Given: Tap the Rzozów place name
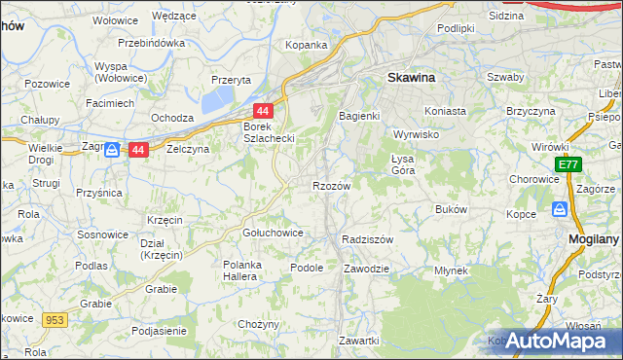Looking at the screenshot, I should click(330, 185).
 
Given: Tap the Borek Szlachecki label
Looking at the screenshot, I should click(269, 133).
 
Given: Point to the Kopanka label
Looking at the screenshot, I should click(306, 45).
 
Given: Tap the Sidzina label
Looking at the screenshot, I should click(505, 17).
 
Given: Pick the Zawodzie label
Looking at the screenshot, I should click(367, 268).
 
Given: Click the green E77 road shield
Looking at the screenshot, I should click(569, 166).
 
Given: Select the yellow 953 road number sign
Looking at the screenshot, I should click(54, 318).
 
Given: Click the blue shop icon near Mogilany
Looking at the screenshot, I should click(560, 208).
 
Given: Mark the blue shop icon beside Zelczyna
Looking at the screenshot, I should click(112, 149).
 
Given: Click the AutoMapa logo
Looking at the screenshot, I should click(555, 341).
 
